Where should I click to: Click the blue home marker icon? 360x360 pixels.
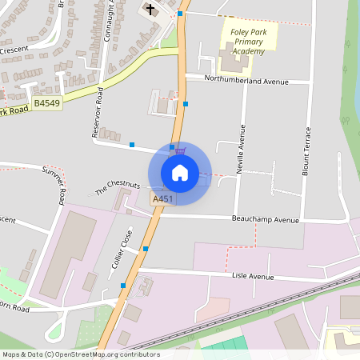pos(180,172)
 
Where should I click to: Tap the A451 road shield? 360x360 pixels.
pos(162,198)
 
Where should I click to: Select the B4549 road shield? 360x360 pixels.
pos(46,103)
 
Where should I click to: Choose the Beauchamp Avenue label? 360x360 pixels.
pos(265,219)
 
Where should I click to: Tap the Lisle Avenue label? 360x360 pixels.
pos(253,276)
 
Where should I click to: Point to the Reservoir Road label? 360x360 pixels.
pos(98,113)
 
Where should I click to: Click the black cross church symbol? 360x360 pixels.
pos(149,10)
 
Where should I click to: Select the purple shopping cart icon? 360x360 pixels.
pos(181,150)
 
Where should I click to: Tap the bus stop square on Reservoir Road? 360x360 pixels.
pos(131,145)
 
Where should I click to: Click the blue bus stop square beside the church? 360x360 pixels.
pos(181,14)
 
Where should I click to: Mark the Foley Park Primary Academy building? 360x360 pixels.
pos(233,62)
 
